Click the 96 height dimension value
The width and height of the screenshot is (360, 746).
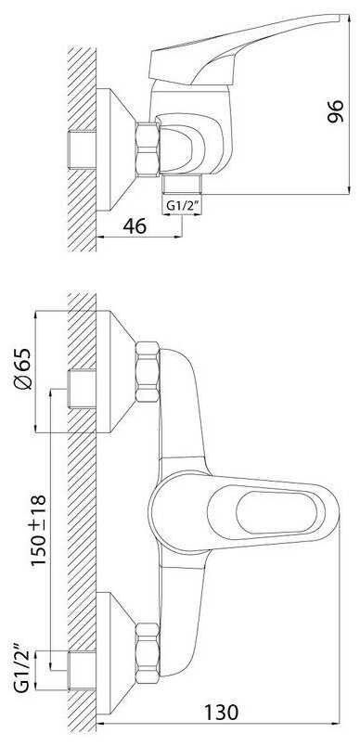tap(336, 111)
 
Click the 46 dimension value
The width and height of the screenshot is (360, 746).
tap(135, 226)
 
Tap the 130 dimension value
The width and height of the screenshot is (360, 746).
tap(221, 712)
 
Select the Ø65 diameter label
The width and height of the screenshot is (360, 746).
tap(24, 369)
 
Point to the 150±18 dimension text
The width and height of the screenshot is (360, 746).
tap(39, 530)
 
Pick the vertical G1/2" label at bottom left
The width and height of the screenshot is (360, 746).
tap(22, 668)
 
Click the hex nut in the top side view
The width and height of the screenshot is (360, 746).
tap(147, 150)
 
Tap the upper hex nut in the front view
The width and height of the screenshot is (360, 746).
tap(147, 371)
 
